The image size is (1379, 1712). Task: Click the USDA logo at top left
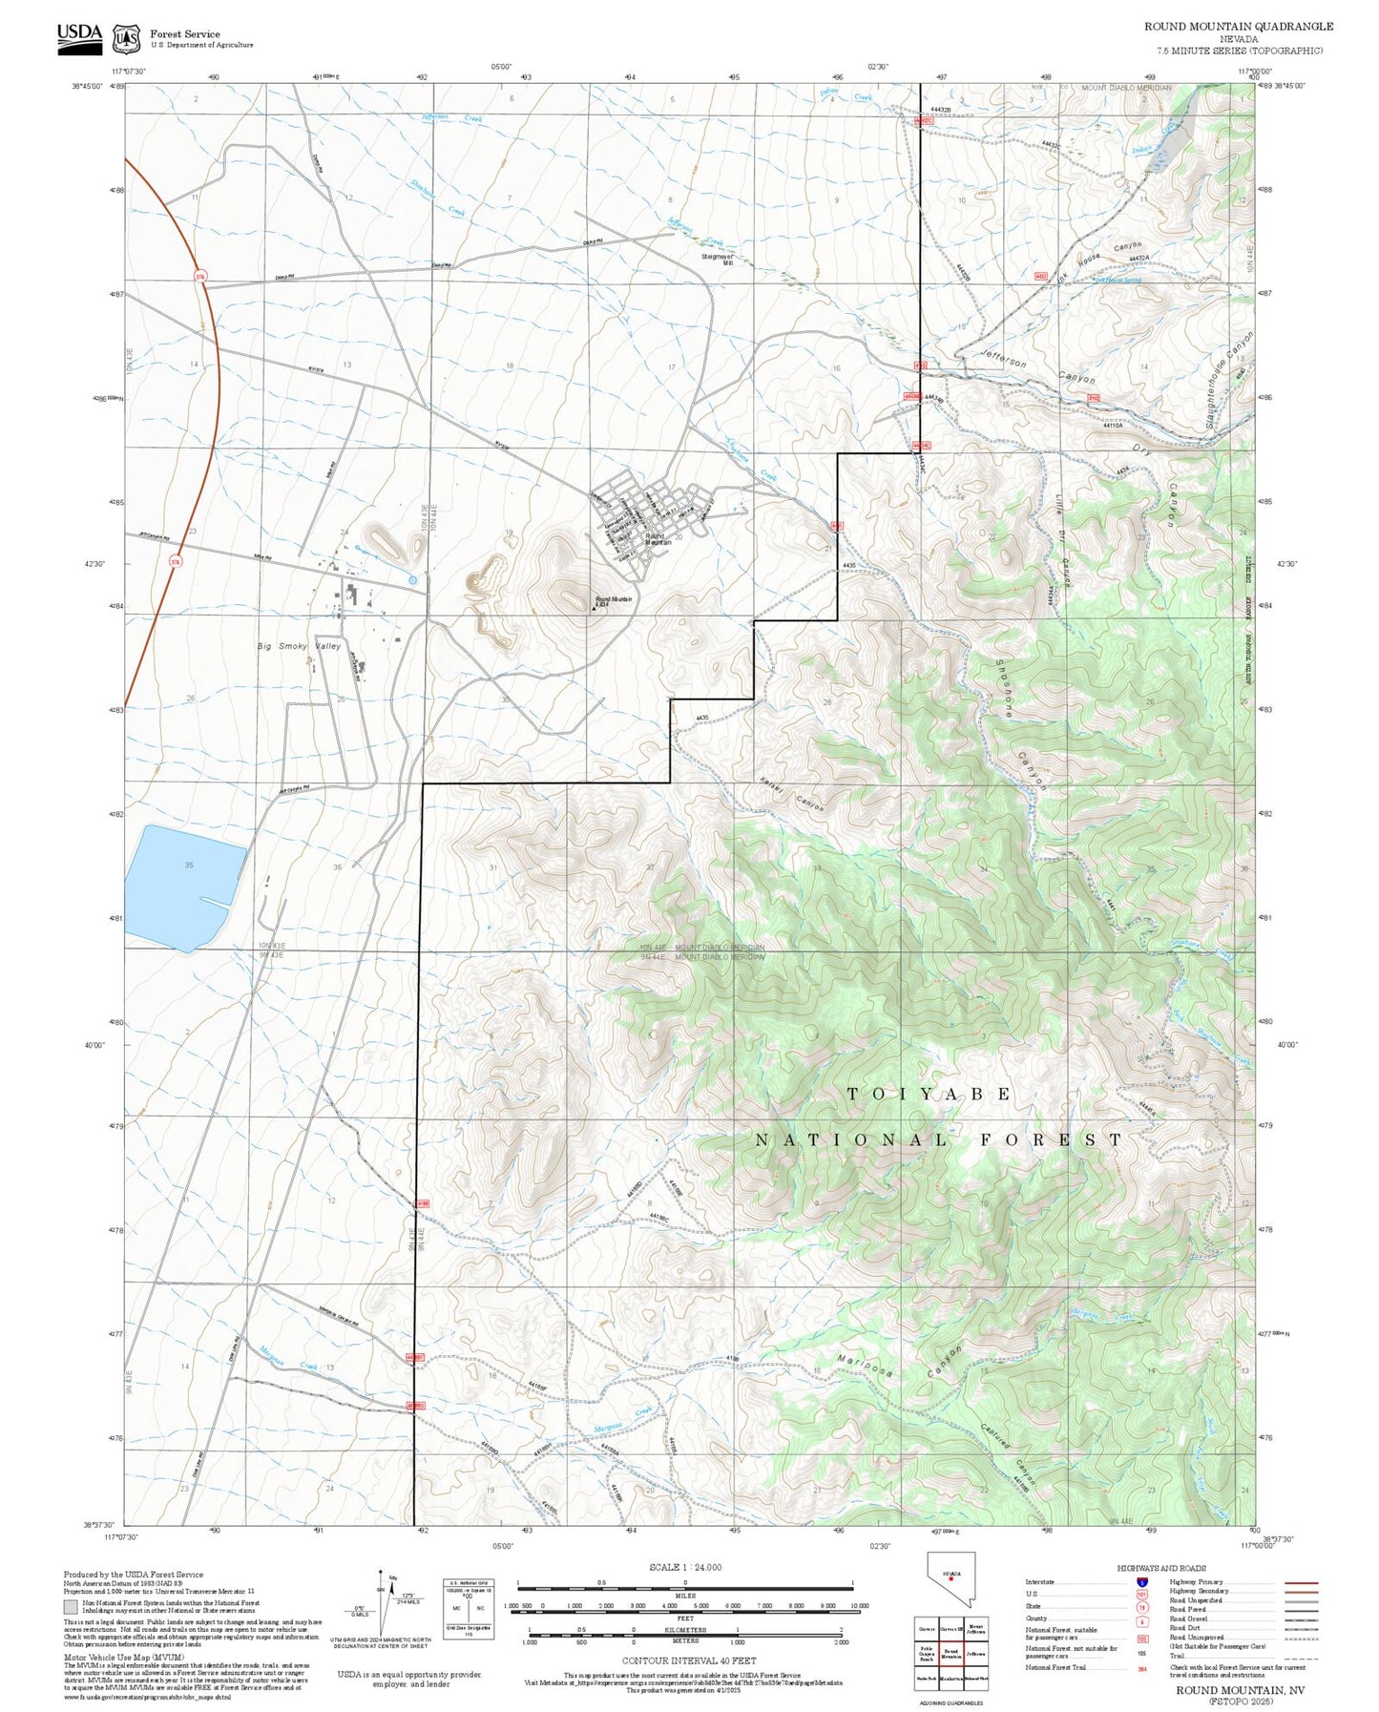coord(79,35)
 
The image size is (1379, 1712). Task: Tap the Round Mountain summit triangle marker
coord(593,607)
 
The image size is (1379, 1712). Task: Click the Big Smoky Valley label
coord(299,646)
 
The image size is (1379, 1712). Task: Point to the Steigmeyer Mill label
coord(717,260)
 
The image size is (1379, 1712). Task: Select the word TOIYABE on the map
coord(929,1094)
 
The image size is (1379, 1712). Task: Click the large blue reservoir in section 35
coord(181,886)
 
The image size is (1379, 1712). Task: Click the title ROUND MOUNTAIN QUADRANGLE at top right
coord(1239,27)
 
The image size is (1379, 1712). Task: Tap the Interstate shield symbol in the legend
coord(1141,1582)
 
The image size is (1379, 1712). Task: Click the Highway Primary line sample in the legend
coord(1301,1582)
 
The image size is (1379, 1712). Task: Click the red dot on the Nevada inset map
coord(951,1605)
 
